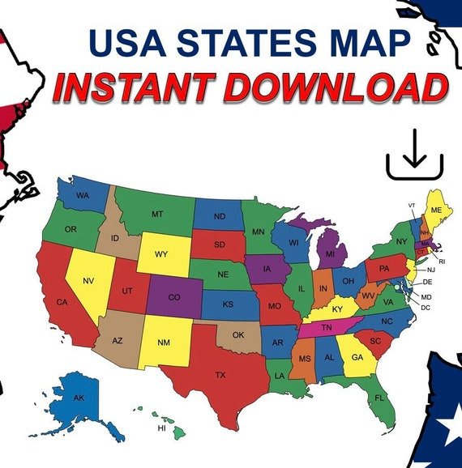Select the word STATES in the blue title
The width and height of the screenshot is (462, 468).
point(245,44)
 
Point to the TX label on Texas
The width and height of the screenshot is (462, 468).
point(220,375)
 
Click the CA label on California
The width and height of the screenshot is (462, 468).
point(62,302)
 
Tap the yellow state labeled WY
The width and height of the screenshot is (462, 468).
point(161,254)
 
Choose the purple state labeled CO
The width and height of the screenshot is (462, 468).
point(174,297)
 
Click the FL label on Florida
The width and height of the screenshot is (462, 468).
point(379,398)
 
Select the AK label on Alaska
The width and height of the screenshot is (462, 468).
point(79,398)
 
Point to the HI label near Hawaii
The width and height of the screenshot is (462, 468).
point(161,428)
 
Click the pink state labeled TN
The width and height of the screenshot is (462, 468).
point(327,328)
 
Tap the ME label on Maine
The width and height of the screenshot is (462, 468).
point(436,210)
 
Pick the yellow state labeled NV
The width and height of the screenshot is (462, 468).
point(88,280)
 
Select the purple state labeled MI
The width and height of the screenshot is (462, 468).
point(330,253)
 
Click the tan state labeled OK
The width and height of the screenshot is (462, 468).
point(237,334)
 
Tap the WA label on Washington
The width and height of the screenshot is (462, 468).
point(83,196)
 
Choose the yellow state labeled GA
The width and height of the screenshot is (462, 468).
point(357,355)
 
